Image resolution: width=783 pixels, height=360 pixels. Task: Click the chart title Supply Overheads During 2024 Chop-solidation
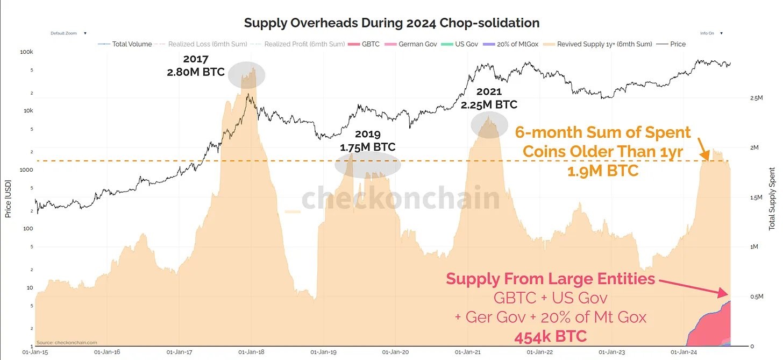(391, 23)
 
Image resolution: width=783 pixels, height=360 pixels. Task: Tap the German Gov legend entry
(417, 44)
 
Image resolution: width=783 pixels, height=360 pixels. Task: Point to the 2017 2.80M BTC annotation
(196, 65)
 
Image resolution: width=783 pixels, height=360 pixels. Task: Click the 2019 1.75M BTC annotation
(367, 141)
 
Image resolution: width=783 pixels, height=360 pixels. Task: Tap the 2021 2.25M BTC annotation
(489, 98)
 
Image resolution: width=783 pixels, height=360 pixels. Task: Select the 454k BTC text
(550, 337)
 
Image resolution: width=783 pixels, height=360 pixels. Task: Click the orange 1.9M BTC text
(603, 171)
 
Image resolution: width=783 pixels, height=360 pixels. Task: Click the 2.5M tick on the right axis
(756, 98)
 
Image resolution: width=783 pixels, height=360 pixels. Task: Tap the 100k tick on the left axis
(27, 52)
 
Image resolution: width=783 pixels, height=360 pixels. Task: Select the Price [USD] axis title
(8, 199)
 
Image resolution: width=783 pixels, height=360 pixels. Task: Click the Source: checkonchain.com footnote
(67, 342)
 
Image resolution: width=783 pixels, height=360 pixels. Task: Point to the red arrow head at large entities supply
(726, 294)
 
